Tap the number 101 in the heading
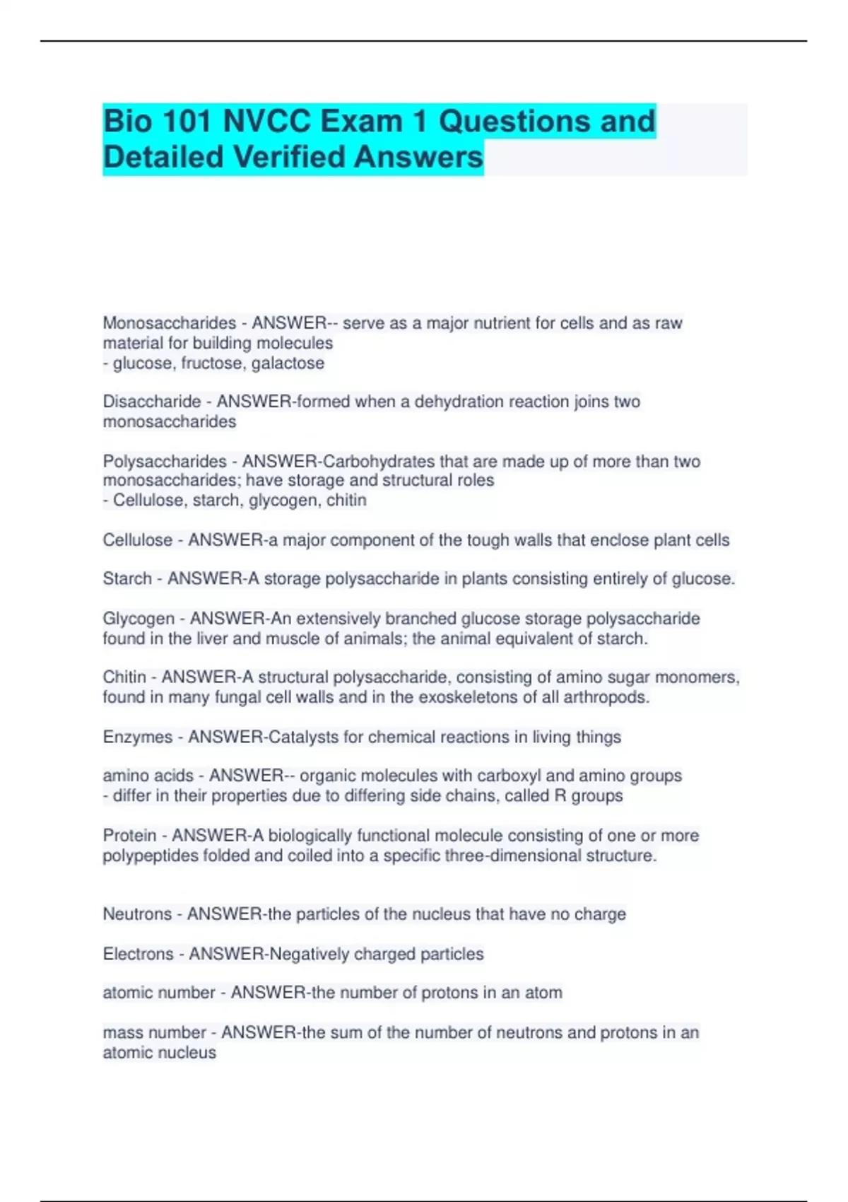tap(187, 122)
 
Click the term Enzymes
tap(137, 737)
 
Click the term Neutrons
tap(137, 914)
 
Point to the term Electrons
tap(138, 955)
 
